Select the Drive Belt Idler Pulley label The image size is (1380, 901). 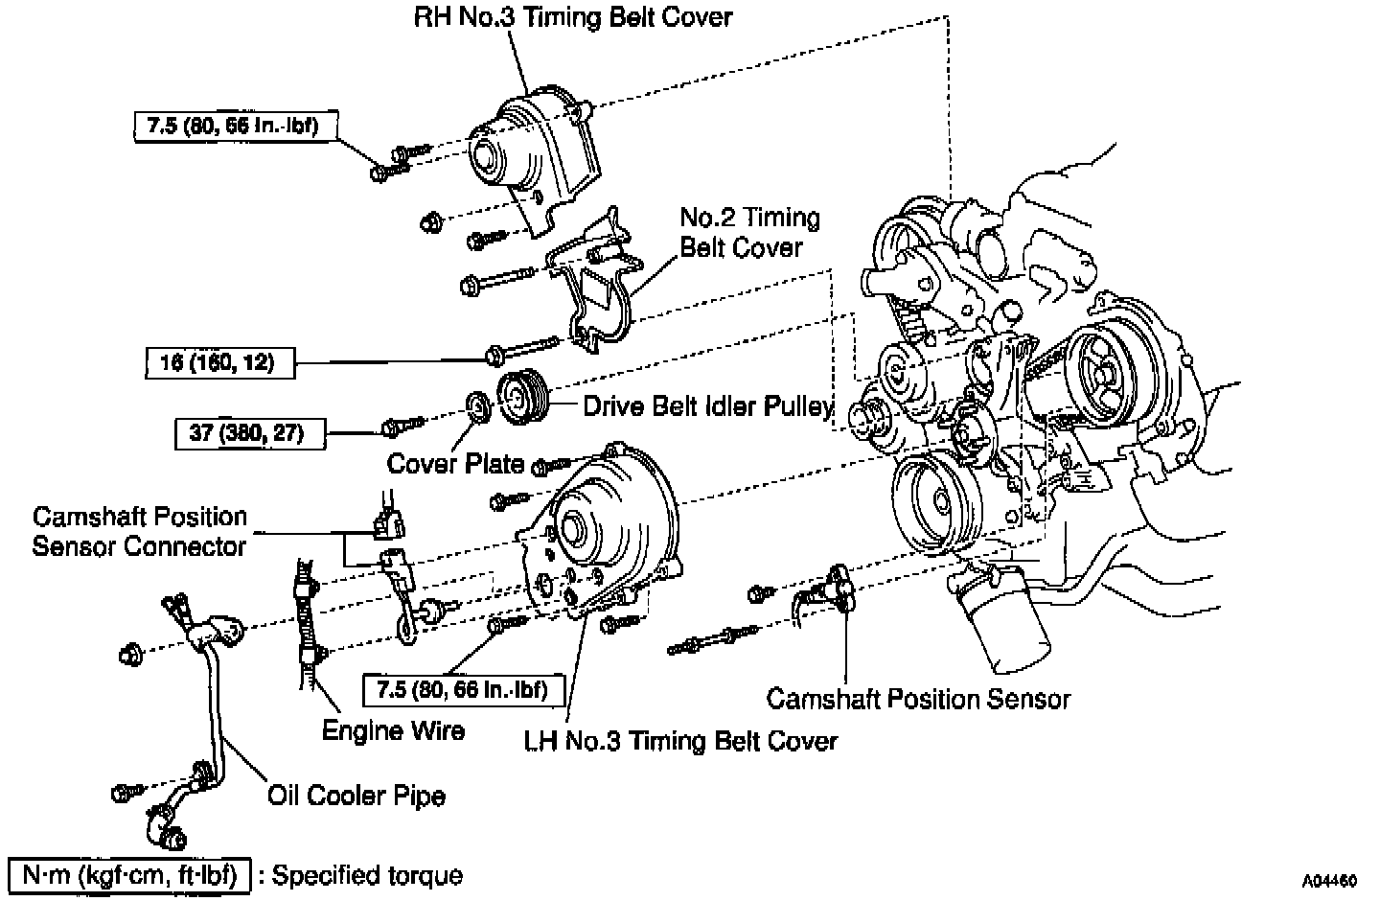pyautogui.click(x=707, y=406)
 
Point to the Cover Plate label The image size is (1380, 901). pyautogui.click(x=455, y=464)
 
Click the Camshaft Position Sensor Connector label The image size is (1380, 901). pyautogui.click(x=140, y=531)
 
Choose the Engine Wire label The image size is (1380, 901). pyautogui.click(x=393, y=730)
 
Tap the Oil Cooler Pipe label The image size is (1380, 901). pyautogui.click(x=356, y=796)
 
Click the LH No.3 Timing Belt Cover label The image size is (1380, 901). pyautogui.click(x=680, y=741)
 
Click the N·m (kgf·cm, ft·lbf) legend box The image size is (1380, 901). pyautogui.click(x=129, y=875)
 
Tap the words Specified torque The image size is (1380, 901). pyautogui.click(x=367, y=875)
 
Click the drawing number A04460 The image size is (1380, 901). pyautogui.click(x=1329, y=879)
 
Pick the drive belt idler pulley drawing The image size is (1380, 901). pyautogui.click(x=522, y=395)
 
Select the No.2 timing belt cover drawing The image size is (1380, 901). pyautogui.click(x=594, y=283)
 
